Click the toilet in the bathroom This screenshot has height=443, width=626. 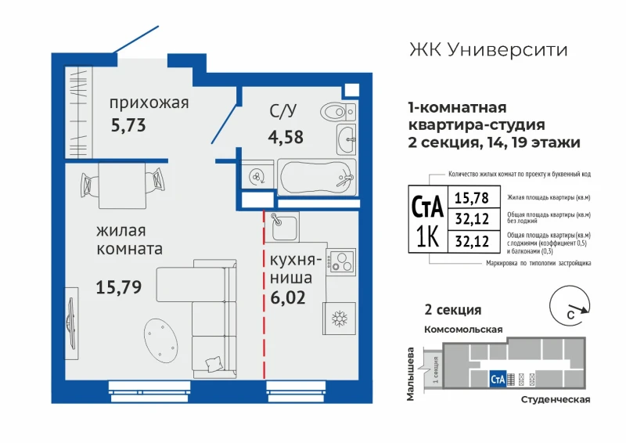click(x=338, y=112)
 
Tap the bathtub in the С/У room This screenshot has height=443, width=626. click(x=317, y=177)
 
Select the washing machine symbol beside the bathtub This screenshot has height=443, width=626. click(x=257, y=175)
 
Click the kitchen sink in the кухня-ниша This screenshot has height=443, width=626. click(x=284, y=226)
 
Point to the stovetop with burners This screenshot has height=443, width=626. click(x=340, y=261)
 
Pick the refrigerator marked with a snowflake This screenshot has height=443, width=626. click(x=340, y=318)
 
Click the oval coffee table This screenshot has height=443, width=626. click(x=160, y=340)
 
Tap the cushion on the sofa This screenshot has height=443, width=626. click(x=214, y=364)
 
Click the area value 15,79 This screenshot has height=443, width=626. click(x=119, y=286)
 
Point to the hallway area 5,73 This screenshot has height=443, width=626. click(x=128, y=125)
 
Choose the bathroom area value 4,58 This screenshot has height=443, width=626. click(x=286, y=137)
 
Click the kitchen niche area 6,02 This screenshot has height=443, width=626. click(x=288, y=297)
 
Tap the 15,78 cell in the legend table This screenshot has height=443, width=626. click(x=472, y=197)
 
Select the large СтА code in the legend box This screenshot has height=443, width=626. click(x=427, y=206)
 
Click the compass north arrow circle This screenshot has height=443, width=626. click(x=570, y=305)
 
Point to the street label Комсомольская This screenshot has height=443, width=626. click(x=463, y=330)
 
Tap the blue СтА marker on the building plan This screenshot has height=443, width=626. click(x=498, y=379)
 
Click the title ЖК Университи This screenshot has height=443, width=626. click(x=488, y=50)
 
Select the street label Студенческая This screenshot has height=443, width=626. click(x=556, y=399)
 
